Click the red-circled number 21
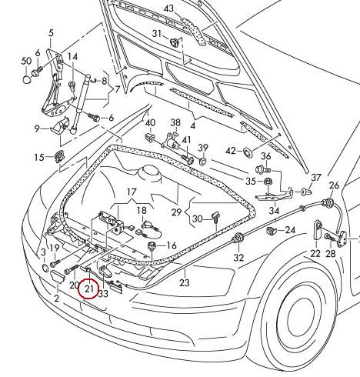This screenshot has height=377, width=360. tap(89, 289)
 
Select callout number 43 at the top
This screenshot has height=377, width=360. tap(169, 8)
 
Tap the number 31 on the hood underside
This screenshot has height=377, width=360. tap(156, 33)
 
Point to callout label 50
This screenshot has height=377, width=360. tap(26, 61)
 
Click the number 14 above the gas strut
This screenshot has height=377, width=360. tap(72, 57)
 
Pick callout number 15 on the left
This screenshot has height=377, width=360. tap(38, 158)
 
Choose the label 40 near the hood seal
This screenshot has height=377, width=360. tap(150, 123)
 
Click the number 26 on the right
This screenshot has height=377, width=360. tap(334, 185)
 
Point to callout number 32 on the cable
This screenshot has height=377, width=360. tap(239, 257)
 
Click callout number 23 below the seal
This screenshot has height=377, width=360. tap(184, 283)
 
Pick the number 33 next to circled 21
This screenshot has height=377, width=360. tap(103, 292)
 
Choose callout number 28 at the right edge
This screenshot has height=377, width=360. tap(331, 253)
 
